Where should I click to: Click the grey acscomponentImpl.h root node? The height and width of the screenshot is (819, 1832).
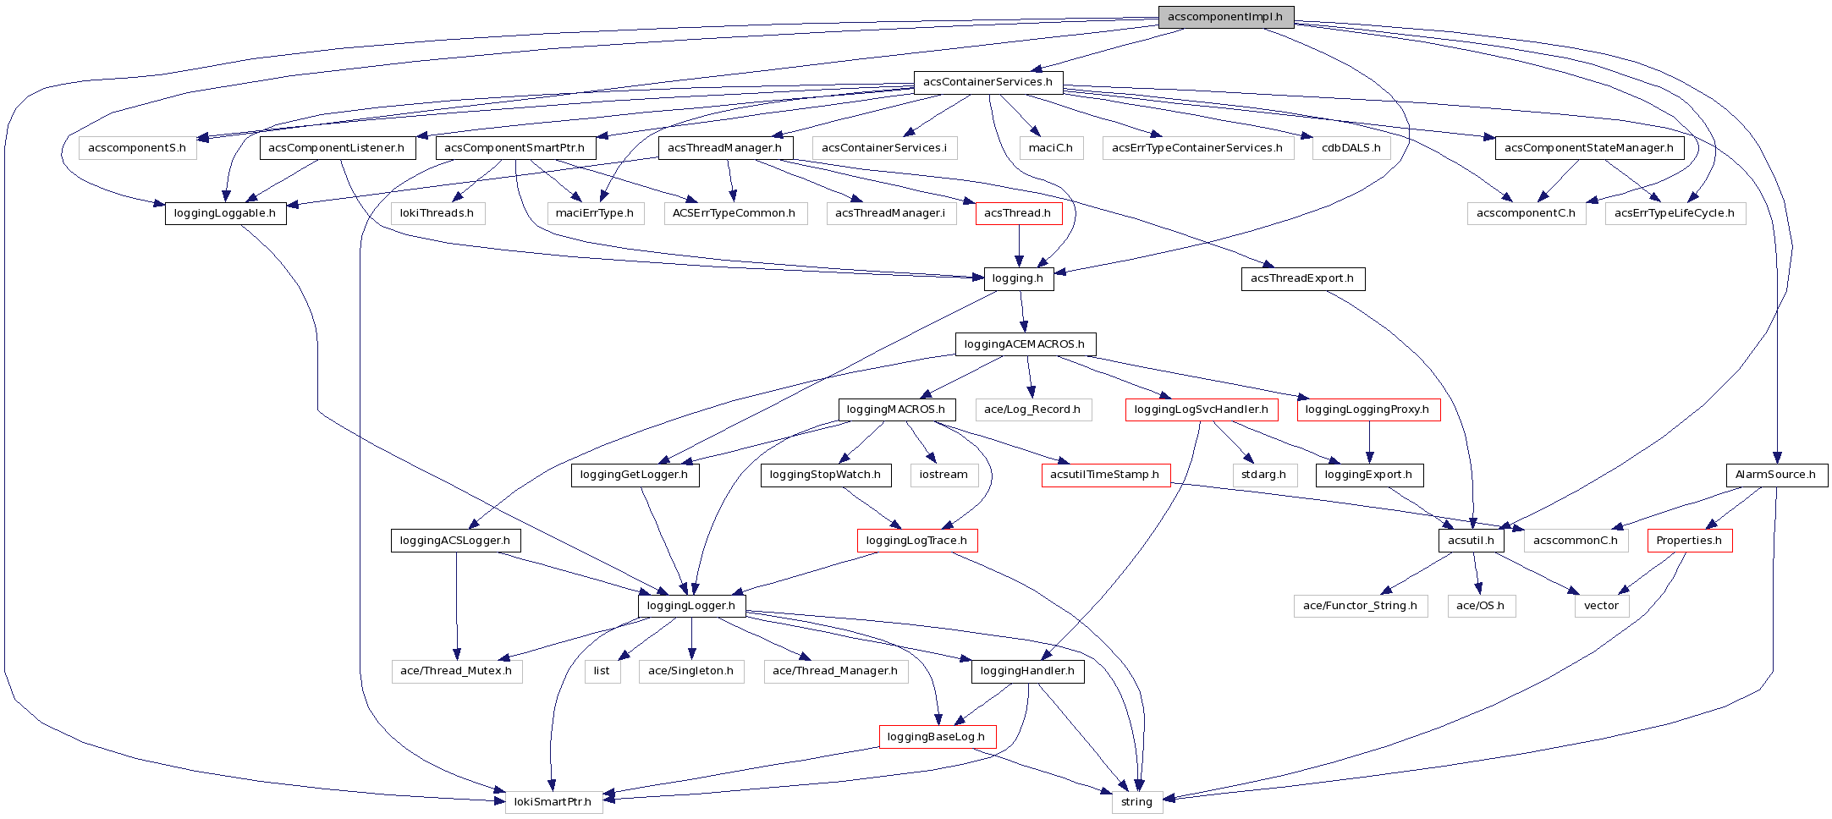click(1225, 17)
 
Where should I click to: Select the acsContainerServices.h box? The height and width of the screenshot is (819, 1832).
click(988, 82)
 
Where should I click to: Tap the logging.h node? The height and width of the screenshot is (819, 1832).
click(1018, 278)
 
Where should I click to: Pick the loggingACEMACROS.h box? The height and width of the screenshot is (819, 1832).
click(1025, 344)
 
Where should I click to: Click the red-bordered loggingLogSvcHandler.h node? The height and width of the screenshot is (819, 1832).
click(1201, 409)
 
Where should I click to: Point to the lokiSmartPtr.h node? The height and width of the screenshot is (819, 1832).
click(553, 802)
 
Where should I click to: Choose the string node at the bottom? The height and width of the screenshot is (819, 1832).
click(1136, 802)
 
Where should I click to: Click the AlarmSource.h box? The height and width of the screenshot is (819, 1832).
click(1775, 475)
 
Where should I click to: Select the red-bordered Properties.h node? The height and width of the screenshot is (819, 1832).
click(1689, 541)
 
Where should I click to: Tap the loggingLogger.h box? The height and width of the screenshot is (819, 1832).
click(691, 606)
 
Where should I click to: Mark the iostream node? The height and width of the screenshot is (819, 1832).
click(944, 475)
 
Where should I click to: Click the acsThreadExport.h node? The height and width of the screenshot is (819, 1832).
click(1302, 278)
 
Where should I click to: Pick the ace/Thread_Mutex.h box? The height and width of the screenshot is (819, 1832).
click(456, 671)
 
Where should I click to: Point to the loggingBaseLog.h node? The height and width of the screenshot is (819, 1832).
click(936, 737)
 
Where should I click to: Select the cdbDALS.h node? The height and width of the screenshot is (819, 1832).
click(1351, 148)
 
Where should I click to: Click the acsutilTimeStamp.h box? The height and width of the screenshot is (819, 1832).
click(1105, 475)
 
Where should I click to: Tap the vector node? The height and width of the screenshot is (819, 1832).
click(1601, 606)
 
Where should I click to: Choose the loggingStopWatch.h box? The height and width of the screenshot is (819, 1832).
click(825, 475)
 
